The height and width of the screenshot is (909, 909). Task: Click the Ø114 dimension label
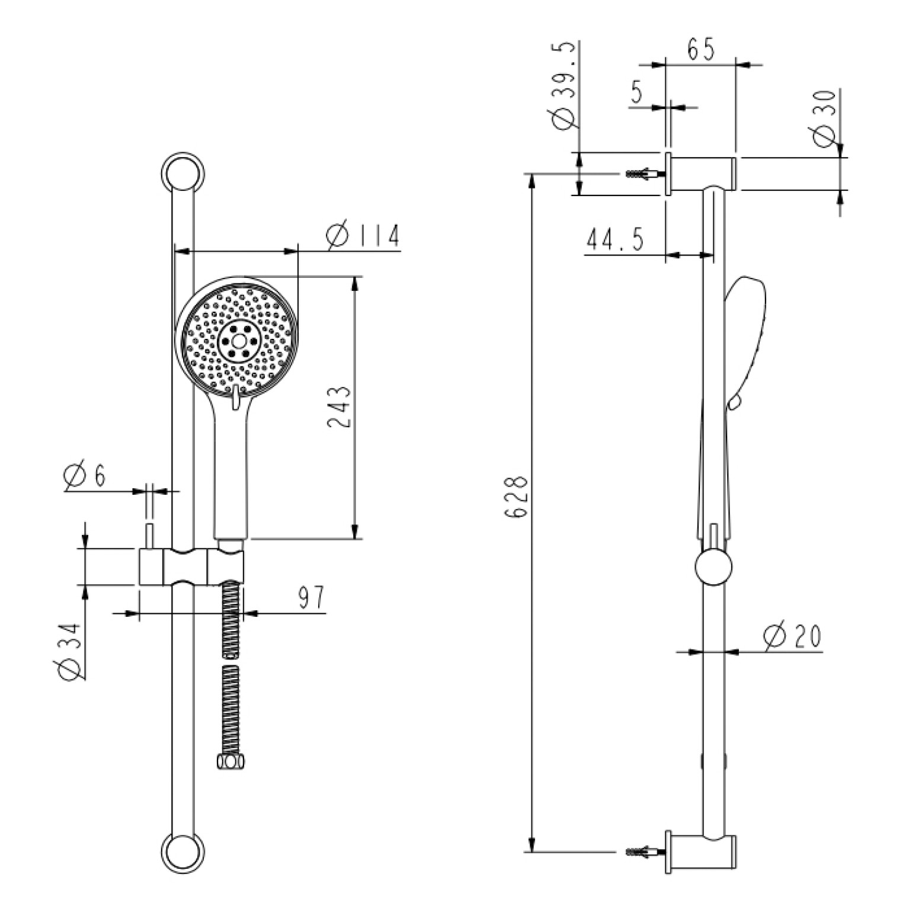pyautogui.click(x=363, y=236)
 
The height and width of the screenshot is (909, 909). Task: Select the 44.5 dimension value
pyautogui.click(x=615, y=240)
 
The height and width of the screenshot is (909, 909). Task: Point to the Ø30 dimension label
pyautogui.click(x=825, y=118)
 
